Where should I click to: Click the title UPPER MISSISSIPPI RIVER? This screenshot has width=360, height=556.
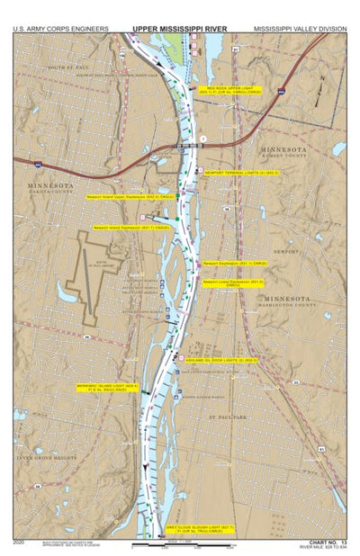click(x=180, y=29)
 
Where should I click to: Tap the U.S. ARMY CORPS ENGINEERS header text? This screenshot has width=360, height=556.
click(x=60, y=29)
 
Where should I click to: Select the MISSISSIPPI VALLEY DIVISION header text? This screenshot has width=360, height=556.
click(x=299, y=29)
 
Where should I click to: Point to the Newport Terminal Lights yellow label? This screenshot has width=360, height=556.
click(x=241, y=172)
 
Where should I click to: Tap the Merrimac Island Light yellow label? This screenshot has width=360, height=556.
click(x=108, y=388)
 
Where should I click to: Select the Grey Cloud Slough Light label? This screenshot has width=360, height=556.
click(x=200, y=529)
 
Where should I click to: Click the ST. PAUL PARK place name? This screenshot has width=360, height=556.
click(x=229, y=417)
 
